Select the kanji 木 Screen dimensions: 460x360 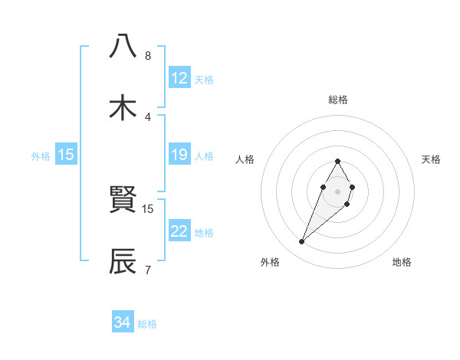123,107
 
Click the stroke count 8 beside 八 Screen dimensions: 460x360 148,55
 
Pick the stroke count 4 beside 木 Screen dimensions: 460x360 148,116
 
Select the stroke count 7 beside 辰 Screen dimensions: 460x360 148,269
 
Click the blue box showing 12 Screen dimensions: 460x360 179,78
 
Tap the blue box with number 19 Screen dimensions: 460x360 179,155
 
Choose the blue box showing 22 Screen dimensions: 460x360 179,231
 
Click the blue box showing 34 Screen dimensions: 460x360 123,322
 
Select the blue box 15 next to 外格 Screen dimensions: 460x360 66,155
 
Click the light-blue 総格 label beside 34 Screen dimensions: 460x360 147,324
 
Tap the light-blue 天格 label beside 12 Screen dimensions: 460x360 204,79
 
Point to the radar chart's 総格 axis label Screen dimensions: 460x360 337,100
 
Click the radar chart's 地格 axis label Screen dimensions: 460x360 402,262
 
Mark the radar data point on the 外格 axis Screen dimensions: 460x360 302,242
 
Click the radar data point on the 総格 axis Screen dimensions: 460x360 337,161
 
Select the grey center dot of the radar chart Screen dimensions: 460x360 337,190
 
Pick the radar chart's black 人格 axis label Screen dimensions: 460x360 245,159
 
